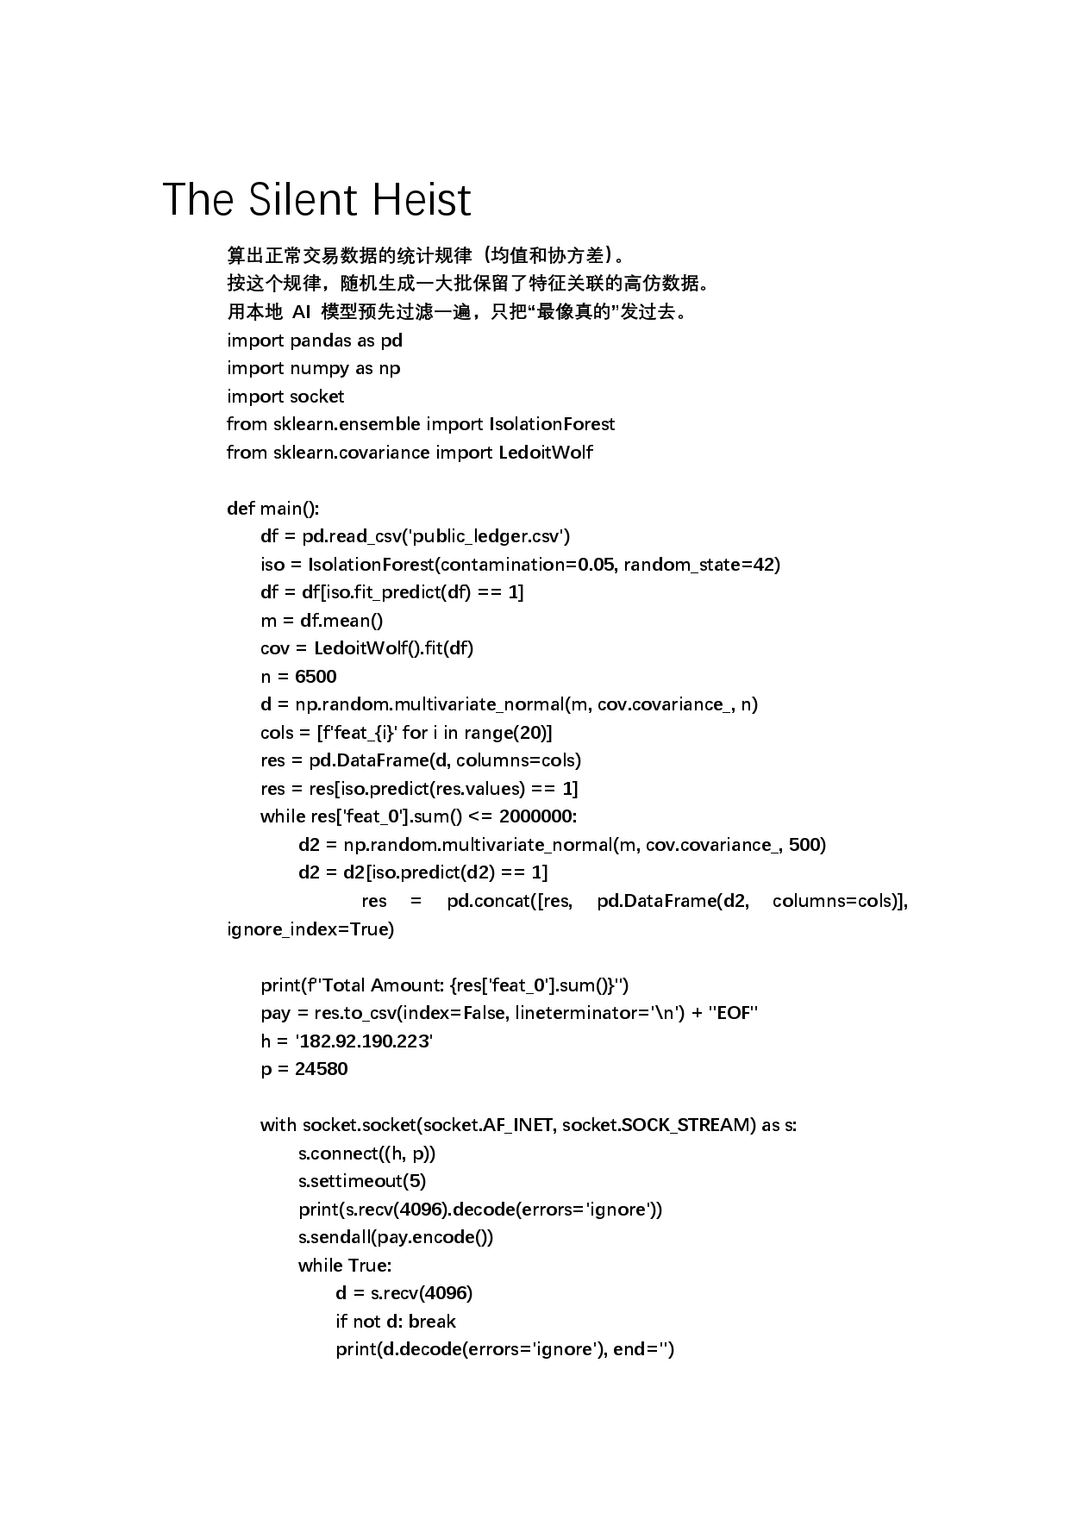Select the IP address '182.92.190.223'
pos(364,1041)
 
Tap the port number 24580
pos(321,1069)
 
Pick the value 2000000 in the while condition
pos(536,816)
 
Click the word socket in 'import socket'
pos(316,397)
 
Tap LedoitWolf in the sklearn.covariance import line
pos(546,453)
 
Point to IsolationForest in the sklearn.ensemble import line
pos(552,424)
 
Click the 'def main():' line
pos(272,509)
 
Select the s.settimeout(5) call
pos(362,1181)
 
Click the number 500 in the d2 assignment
pos(804,845)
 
